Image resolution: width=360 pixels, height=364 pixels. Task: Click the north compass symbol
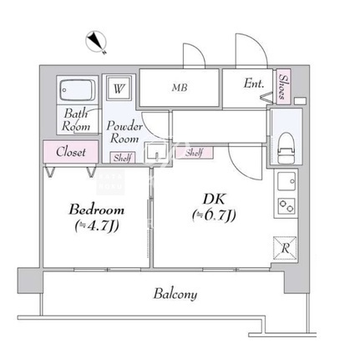click(96, 42)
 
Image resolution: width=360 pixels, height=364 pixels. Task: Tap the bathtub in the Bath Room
click(78, 90)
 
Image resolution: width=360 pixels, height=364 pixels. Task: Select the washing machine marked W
click(119, 88)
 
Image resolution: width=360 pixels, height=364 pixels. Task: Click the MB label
click(180, 88)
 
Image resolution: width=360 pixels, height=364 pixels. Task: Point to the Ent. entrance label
click(254, 83)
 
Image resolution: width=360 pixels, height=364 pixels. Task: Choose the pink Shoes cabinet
click(284, 87)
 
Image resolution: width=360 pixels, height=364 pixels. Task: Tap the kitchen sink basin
click(286, 181)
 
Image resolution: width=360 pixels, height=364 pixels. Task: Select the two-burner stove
click(286, 206)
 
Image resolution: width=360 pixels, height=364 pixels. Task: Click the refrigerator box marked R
click(285, 248)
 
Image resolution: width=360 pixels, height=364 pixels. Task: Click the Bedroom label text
click(96, 210)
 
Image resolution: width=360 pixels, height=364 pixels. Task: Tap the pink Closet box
click(71, 151)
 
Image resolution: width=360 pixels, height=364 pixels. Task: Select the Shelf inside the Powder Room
click(123, 158)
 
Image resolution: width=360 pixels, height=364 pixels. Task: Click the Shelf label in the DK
click(194, 153)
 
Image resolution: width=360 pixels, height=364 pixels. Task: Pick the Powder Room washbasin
click(155, 152)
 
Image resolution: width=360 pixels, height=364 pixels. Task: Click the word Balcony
click(175, 294)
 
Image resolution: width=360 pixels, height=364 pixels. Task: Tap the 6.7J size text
click(214, 215)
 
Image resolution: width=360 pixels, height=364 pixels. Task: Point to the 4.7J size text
click(97, 226)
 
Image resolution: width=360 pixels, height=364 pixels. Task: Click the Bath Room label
click(76, 120)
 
